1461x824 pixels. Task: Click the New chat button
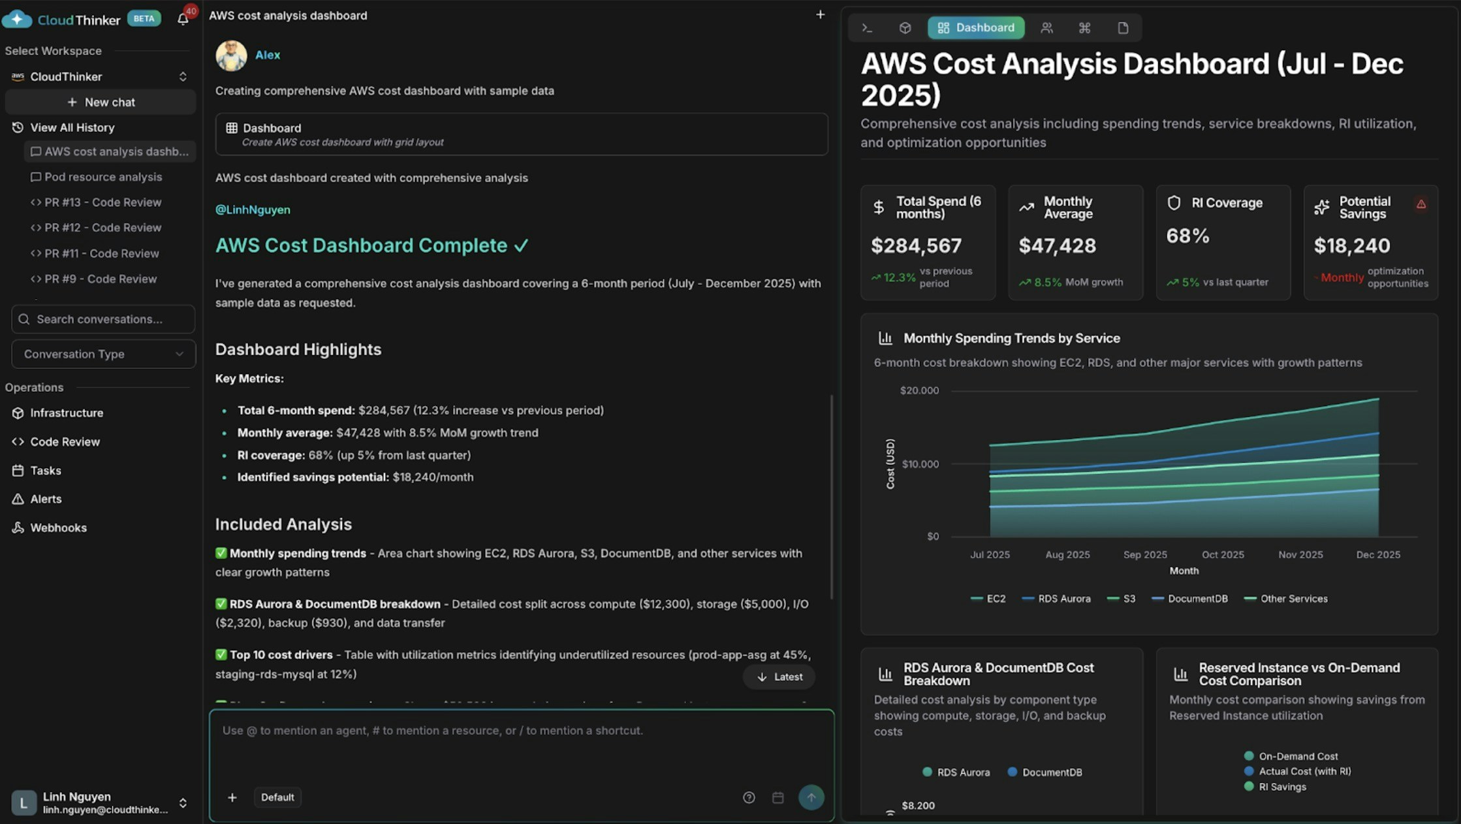point(101,103)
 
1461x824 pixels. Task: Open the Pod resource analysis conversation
point(102,177)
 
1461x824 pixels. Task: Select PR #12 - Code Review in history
point(102,228)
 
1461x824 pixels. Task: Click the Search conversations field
point(103,319)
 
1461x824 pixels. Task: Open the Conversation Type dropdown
point(103,354)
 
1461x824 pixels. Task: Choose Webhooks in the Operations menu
point(58,528)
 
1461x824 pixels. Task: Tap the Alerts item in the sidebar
point(46,499)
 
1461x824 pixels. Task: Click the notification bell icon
point(183,19)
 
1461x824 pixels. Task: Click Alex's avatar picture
point(231,55)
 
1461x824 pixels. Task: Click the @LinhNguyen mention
point(253,210)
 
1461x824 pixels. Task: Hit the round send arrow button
point(811,797)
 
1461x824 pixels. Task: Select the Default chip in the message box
point(277,797)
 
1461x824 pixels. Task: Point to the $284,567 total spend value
point(916,246)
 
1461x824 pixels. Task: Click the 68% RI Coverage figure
point(1187,236)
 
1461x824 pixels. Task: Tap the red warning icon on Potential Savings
point(1421,204)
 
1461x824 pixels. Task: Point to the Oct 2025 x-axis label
point(1223,554)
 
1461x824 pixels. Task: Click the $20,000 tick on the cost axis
point(919,390)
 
